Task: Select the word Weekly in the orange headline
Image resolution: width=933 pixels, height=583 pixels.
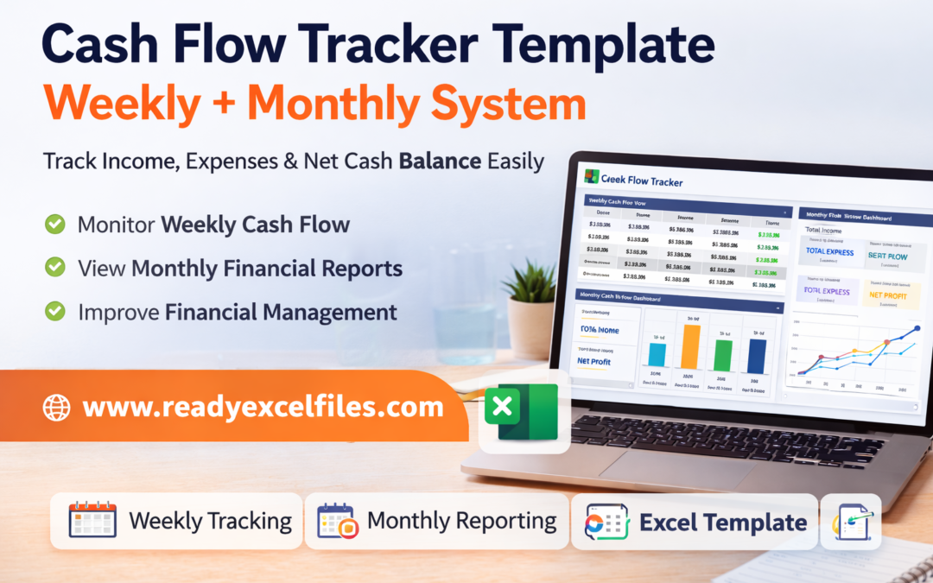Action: click(130, 105)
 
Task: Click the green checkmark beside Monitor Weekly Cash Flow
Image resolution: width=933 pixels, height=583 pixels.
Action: click(55, 225)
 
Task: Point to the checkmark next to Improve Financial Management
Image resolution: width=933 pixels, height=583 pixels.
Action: click(55, 311)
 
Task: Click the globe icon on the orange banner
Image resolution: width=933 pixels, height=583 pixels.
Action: click(57, 407)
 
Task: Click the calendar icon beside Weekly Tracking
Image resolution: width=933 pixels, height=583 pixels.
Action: click(92, 521)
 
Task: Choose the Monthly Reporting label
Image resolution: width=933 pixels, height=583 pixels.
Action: click(461, 521)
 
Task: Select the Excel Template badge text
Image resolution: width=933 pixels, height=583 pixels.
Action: click(722, 522)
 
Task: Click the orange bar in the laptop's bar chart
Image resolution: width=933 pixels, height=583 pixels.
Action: click(690, 345)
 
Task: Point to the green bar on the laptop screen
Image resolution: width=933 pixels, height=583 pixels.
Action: click(723, 355)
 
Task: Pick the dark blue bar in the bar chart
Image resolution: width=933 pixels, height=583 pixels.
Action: click(757, 355)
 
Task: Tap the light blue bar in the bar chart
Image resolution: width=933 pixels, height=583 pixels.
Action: click(657, 354)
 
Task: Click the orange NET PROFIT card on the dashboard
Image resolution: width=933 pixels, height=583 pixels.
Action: click(890, 295)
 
